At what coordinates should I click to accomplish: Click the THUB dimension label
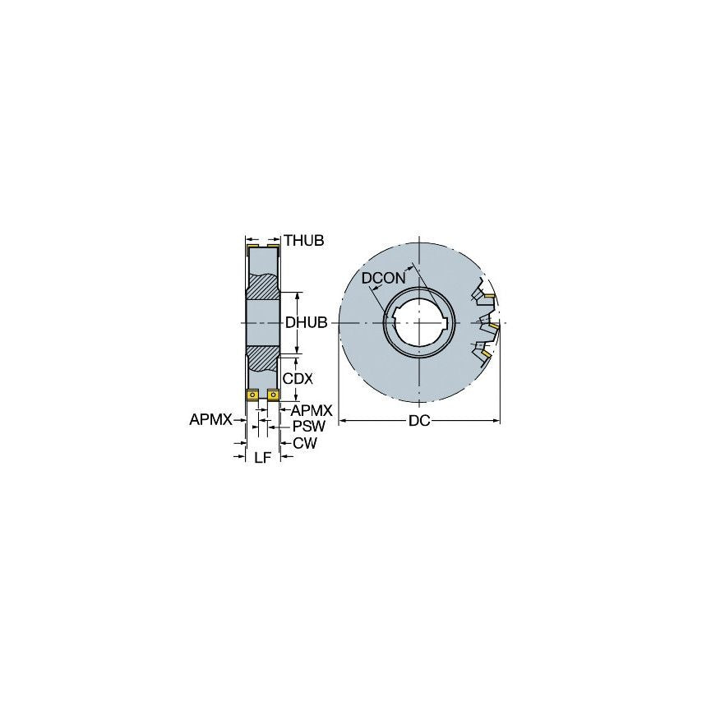[x=304, y=240]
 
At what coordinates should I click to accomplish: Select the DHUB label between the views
[x=307, y=323]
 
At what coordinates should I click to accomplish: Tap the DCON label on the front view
[x=384, y=279]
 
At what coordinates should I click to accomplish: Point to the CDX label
[x=297, y=379]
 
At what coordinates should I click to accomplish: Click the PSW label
[x=309, y=426]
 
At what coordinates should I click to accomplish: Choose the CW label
[x=304, y=443]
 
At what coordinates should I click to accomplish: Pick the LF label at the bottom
[x=262, y=458]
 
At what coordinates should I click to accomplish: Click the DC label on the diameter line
[x=419, y=421]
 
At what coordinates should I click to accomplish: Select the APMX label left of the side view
[x=210, y=419]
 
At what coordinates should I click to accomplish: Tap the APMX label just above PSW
[x=311, y=409]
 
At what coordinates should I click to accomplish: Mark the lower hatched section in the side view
[x=264, y=358]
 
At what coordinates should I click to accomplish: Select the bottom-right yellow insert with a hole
[x=274, y=395]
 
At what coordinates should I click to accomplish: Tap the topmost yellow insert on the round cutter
[x=488, y=295]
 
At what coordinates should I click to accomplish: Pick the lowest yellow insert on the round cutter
[x=486, y=353]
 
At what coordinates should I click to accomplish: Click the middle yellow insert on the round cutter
[x=493, y=326]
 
